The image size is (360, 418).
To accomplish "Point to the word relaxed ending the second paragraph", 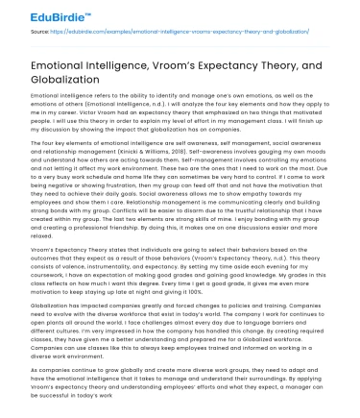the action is click(x=43, y=234).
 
